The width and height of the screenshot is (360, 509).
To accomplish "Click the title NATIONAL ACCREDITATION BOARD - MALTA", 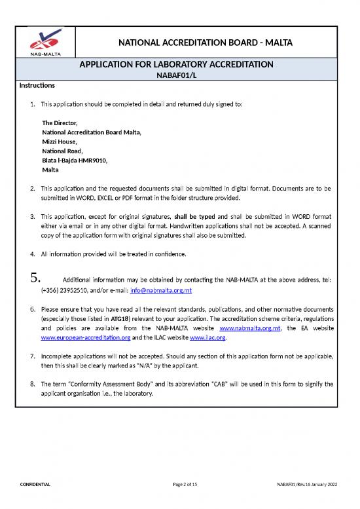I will [x=205, y=43].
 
